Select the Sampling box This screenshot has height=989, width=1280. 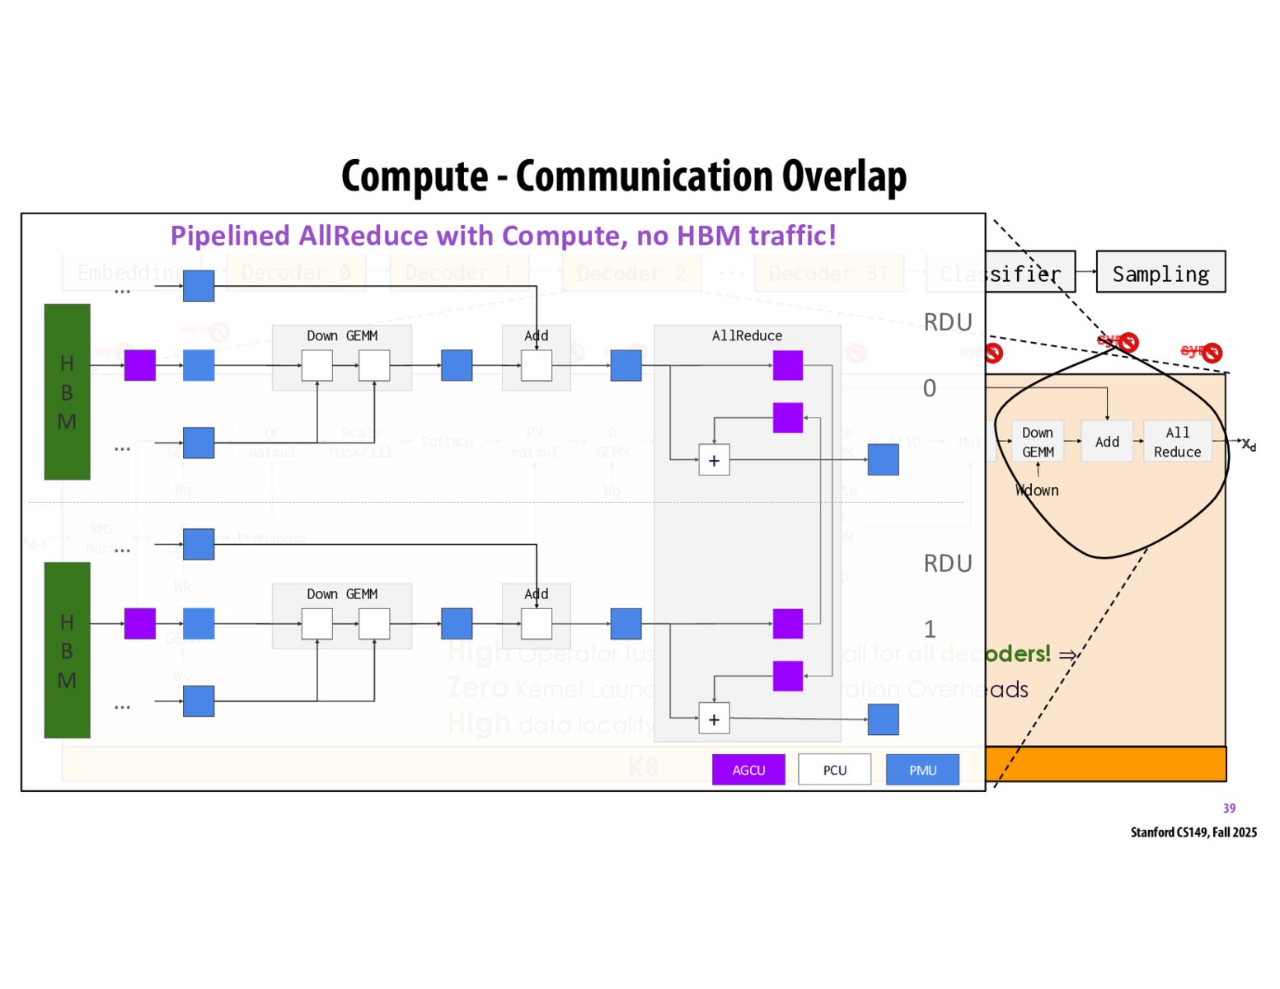(x=1160, y=273)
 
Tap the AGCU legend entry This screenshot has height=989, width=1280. (x=748, y=770)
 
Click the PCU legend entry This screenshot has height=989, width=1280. (x=834, y=770)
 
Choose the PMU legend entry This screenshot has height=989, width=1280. (x=922, y=770)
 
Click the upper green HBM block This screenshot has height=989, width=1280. (x=67, y=392)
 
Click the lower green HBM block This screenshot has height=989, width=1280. (x=67, y=650)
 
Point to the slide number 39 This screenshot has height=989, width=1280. (x=1229, y=809)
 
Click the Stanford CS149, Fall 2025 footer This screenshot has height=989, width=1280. (x=1193, y=832)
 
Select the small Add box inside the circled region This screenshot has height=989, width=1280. (x=1107, y=442)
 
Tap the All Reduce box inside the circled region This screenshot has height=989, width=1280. (x=1177, y=442)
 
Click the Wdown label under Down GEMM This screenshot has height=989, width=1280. (x=1037, y=490)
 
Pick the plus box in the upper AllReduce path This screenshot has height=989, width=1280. (x=714, y=461)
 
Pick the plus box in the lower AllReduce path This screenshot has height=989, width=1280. (x=714, y=719)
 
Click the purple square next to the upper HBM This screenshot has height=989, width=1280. (x=139, y=365)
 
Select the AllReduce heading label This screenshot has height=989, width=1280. (x=747, y=335)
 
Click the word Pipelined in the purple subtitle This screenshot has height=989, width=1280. (x=230, y=236)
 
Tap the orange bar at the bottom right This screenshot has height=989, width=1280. (x=1105, y=764)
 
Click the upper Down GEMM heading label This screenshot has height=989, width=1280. (x=342, y=335)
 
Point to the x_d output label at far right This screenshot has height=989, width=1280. (x=1249, y=445)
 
